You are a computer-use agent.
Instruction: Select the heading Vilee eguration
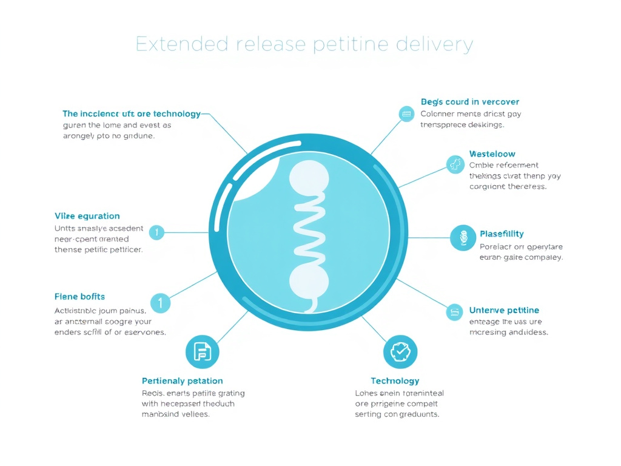pos(87,216)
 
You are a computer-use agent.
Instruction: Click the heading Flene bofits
pos(79,297)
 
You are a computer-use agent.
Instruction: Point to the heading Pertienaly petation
pos(182,381)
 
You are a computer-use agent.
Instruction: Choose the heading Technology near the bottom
pos(395,381)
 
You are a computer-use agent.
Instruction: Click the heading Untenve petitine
pos(504,311)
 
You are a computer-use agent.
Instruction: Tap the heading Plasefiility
pos(502,234)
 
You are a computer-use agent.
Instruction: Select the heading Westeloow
pos(492,154)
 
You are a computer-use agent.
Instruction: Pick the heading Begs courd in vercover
pos(469,102)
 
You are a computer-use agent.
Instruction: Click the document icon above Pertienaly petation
pos(202,351)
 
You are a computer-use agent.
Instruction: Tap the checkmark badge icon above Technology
pos(400,351)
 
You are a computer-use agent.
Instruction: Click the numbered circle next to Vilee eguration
pos(156,232)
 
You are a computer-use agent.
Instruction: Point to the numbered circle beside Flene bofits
pos(160,302)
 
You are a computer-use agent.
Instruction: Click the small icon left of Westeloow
pos(455,164)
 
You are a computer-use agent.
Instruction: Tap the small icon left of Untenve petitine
pos(455,312)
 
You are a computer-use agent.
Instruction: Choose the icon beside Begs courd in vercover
pos(406,113)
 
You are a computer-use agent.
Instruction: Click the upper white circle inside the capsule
pos(309,177)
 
